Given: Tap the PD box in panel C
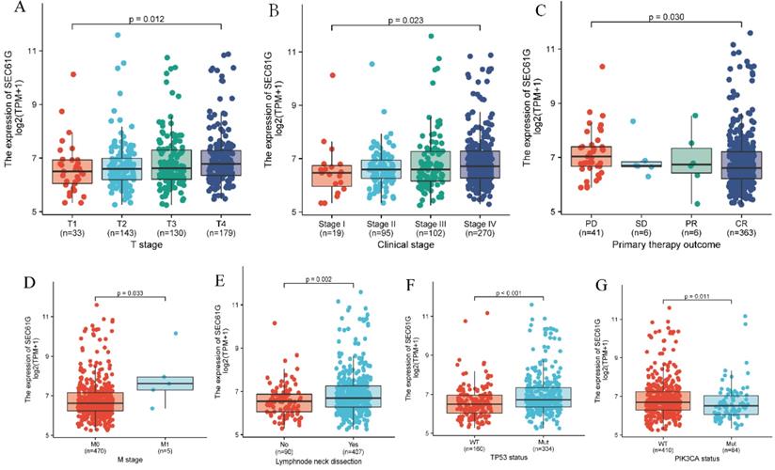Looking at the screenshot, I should click(x=594, y=156).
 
